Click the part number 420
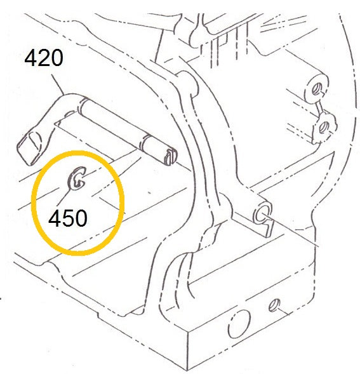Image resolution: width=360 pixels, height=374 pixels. coord(44,58)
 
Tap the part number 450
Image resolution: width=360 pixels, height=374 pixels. coord(68,218)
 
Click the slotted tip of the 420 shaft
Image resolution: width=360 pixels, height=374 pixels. coord(170,156)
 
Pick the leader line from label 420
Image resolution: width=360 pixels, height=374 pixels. coord(58,84)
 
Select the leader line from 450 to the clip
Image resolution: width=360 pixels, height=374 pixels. coord(64,196)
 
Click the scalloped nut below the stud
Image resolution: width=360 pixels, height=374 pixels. coord(325,128)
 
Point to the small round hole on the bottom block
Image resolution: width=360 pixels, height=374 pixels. coord(274,305)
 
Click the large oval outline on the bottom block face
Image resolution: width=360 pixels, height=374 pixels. coord(239,324)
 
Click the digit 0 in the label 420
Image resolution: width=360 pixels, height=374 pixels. coord(57,58)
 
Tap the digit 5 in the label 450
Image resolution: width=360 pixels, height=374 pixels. coord(67,218)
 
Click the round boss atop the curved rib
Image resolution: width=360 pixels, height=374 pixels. coord(188,81)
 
